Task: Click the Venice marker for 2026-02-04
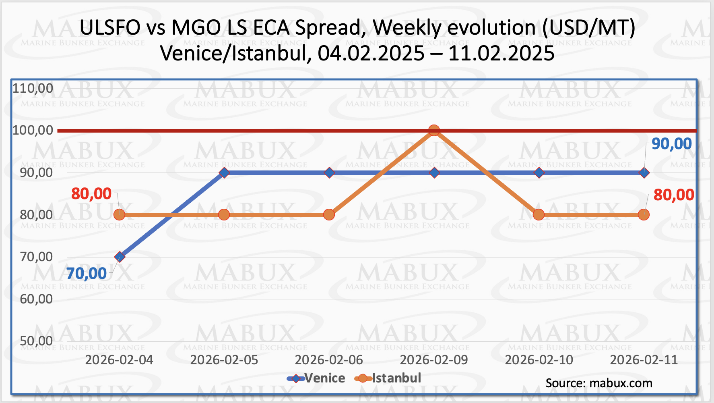click(119, 257)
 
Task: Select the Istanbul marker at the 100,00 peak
click(434, 130)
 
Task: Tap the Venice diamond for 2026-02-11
click(644, 172)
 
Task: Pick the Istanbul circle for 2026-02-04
click(119, 214)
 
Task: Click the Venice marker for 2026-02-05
click(224, 172)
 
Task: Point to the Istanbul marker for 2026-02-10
click(539, 214)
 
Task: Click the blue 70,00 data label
click(87, 274)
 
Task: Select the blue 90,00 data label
click(671, 144)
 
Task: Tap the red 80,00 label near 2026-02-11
click(673, 195)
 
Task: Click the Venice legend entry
click(324, 378)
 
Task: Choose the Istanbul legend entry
click(396, 378)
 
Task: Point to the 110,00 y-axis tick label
click(33, 88)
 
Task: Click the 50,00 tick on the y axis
click(36, 341)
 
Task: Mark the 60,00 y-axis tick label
click(36, 299)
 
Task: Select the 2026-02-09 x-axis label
click(434, 360)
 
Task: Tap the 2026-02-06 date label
click(329, 360)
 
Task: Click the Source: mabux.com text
click(599, 383)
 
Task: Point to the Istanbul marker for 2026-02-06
click(329, 214)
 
